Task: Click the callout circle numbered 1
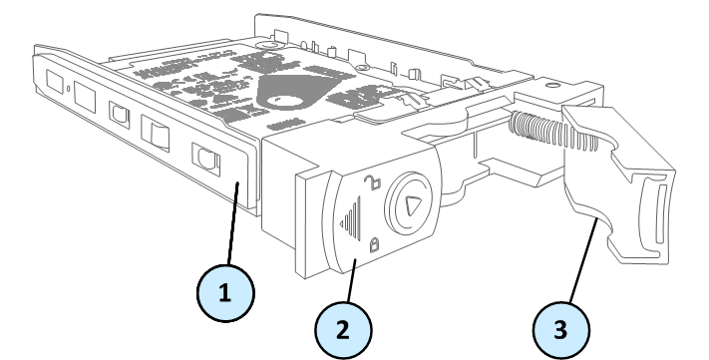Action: [225, 293]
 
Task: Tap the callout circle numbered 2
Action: [343, 330]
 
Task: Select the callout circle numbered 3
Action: [561, 330]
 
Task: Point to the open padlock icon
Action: [373, 182]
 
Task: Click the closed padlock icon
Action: [374, 244]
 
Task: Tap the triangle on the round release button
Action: [413, 206]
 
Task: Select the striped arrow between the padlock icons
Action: [351, 218]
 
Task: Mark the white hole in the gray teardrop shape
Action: [286, 101]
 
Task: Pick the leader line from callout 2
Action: [352, 280]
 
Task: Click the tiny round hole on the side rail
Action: [68, 88]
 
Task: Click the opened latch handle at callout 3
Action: [619, 180]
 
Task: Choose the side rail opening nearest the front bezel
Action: [205, 159]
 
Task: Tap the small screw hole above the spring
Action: [552, 86]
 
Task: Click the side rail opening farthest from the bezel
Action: [55, 82]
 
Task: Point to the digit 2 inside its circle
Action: [343, 330]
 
